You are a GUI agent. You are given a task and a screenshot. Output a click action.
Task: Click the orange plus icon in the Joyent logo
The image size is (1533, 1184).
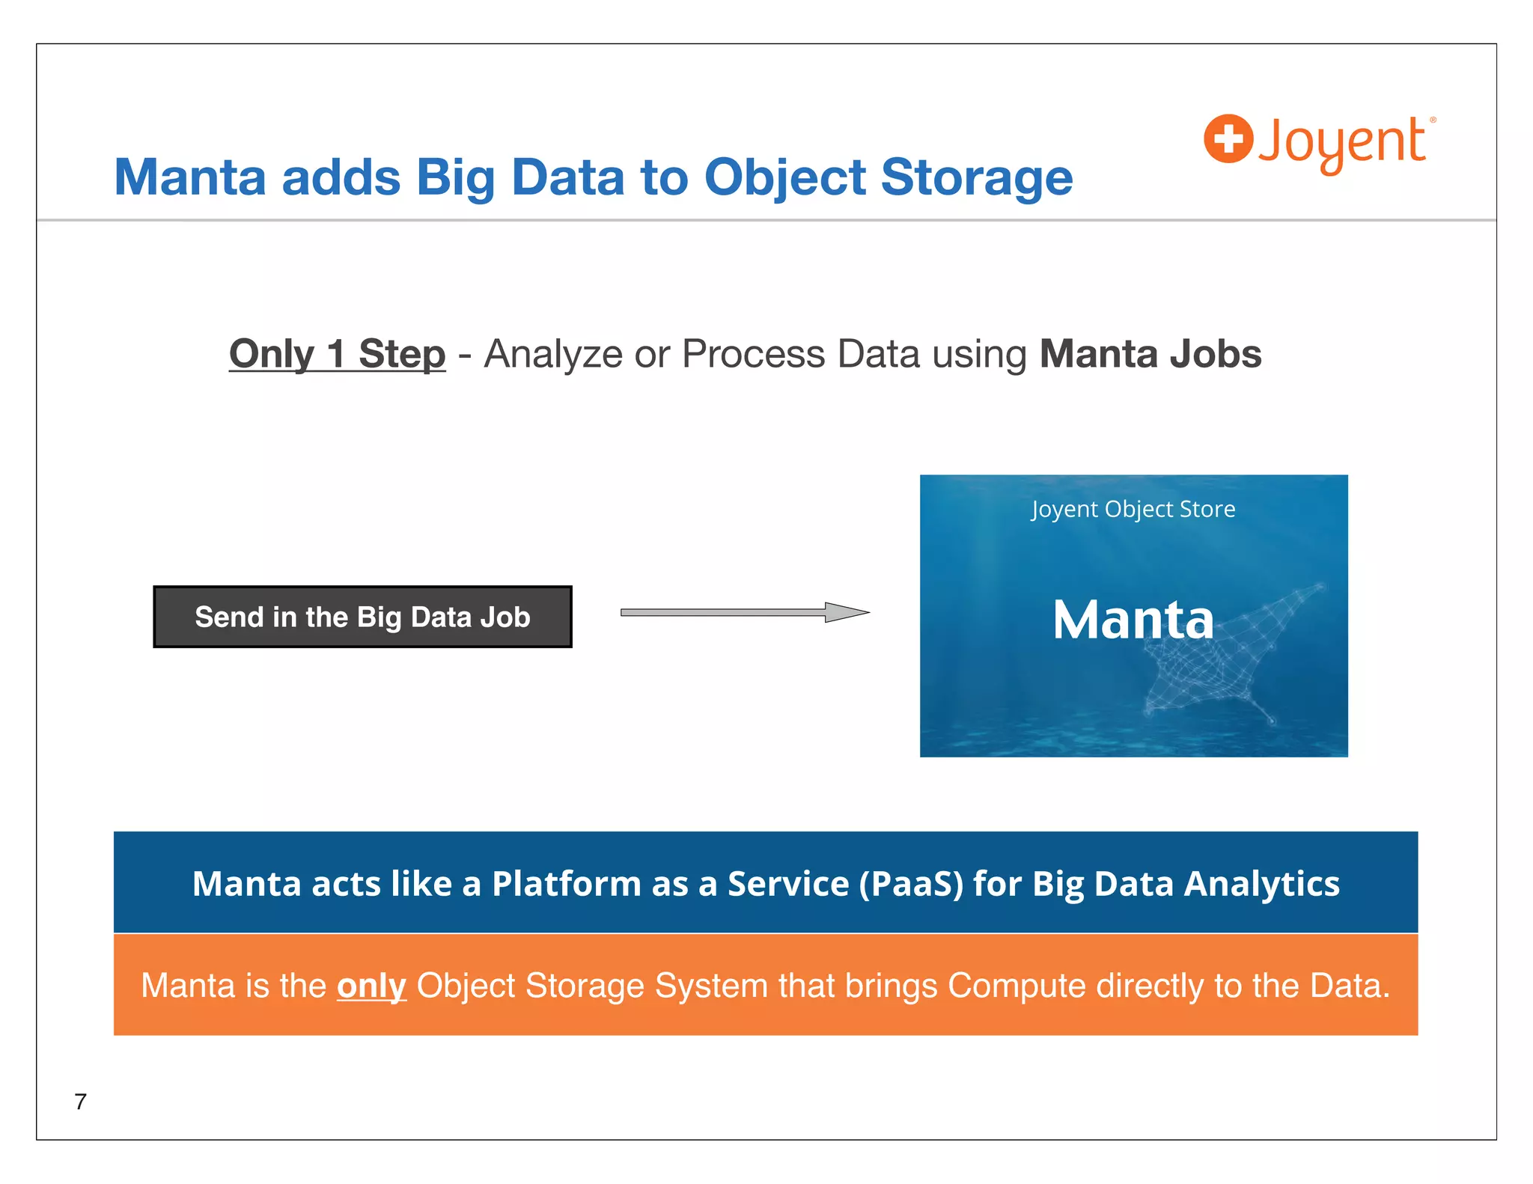pyautogui.click(x=1228, y=138)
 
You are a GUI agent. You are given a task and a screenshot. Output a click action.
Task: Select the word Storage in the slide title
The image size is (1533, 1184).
pyautogui.click(x=976, y=178)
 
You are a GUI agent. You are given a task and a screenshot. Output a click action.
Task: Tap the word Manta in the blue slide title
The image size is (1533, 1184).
pyautogui.click(x=190, y=178)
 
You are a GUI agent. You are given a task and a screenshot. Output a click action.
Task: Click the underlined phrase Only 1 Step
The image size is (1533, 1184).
pyautogui.click(x=337, y=354)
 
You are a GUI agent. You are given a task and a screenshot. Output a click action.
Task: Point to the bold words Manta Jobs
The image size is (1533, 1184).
pyautogui.click(x=1150, y=354)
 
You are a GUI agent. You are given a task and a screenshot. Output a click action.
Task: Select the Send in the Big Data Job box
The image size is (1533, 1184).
pyautogui.click(x=362, y=617)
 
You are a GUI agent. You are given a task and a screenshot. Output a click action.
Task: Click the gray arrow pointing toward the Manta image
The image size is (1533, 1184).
pyautogui.click(x=744, y=612)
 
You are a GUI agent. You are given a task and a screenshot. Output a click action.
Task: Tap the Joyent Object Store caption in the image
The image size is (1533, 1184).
pyautogui.click(x=1133, y=509)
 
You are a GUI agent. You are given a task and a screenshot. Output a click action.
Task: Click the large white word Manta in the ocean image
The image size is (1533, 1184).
pyautogui.click(x=1132, y=620)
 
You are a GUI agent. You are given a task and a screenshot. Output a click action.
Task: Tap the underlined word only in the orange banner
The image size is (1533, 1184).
pyautogui.click(x=371, y=986)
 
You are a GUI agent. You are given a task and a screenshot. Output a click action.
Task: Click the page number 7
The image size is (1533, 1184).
pyautogui.click(x=81, y=1101)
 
